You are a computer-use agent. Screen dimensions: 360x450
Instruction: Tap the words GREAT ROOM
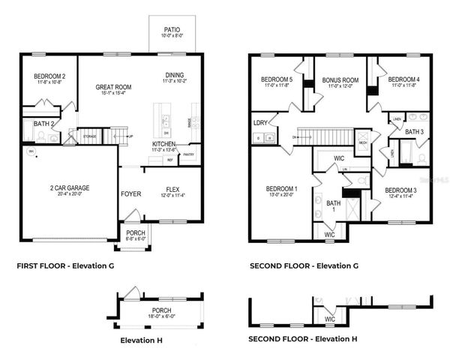[x=113, y=87]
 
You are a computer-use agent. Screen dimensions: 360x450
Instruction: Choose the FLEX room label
[x=172, y=190]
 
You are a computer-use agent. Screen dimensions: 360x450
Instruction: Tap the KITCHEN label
[x=164, y=143]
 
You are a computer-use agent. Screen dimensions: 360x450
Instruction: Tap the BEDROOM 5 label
[x=276, y=80]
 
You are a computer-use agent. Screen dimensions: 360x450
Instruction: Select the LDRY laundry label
[x=261, y=121]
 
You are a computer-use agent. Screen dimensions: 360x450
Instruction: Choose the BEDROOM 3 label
[x=400, y=190]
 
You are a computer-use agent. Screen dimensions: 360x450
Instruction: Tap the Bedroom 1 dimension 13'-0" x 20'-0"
[x=281, y=195]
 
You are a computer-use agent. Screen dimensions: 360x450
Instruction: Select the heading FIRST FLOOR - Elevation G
[x=65, y=265]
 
